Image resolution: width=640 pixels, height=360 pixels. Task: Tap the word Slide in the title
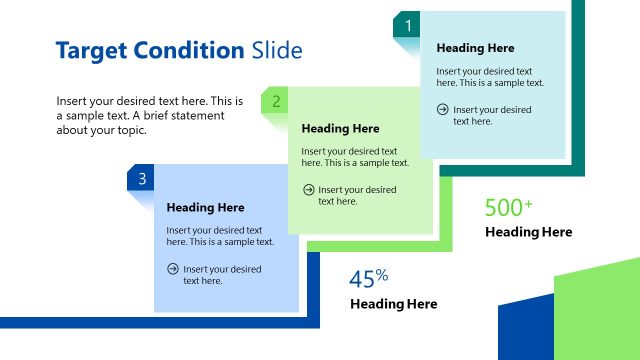coord(277,50)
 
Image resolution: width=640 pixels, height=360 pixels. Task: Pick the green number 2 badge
coord(275,101)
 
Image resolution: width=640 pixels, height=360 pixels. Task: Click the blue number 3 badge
coord(142,179)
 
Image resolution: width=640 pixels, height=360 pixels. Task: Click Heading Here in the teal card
coord(475,48)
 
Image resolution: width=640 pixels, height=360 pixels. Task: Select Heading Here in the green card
coord(340,128)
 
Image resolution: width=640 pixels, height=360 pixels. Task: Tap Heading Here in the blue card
coord(205,208)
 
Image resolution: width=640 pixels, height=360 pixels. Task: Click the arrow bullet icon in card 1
coord(443,109)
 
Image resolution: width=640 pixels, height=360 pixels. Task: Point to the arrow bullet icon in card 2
coord(308,189)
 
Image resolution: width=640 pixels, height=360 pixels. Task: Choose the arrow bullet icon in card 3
coord(173,268)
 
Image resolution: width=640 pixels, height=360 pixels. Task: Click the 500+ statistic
coord(508,208)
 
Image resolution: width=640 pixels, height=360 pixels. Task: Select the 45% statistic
coord(368,279)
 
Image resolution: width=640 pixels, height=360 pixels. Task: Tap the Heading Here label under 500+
coord(528,232)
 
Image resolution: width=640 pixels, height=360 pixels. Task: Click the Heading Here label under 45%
coord(393,304)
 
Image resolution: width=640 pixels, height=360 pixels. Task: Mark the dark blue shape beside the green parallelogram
coord(524,330)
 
